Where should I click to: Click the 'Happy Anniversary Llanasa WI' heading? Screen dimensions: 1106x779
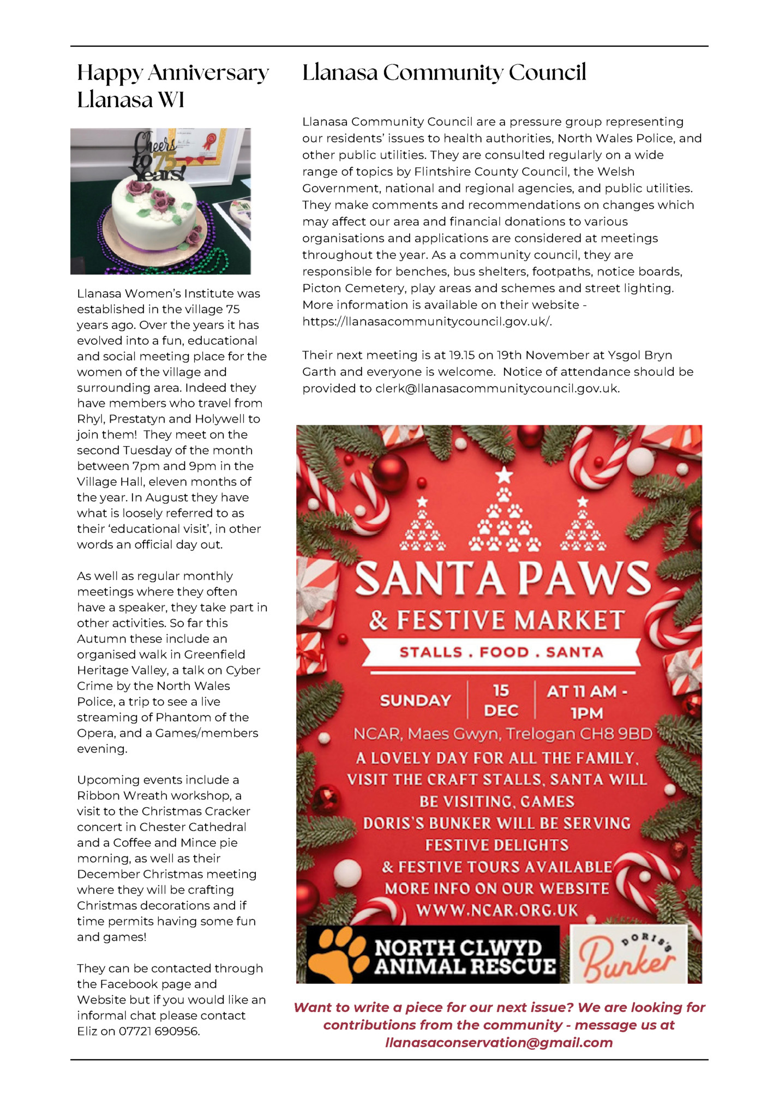172,86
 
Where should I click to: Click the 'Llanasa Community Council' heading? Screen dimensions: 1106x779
444,72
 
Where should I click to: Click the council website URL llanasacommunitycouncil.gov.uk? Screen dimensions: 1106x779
427,321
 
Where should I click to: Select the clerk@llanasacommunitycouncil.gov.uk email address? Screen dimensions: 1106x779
497,388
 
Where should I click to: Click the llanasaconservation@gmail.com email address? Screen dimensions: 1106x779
499,1042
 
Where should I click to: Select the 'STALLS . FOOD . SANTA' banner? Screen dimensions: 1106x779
501,652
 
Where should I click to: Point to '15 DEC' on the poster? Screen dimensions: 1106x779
501,701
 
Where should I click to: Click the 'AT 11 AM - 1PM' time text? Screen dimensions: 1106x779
586,702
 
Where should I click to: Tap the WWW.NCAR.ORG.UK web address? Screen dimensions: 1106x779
497,910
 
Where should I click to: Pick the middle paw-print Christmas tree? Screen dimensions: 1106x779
504,513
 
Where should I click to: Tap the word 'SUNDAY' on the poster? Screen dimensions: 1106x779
416,701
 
